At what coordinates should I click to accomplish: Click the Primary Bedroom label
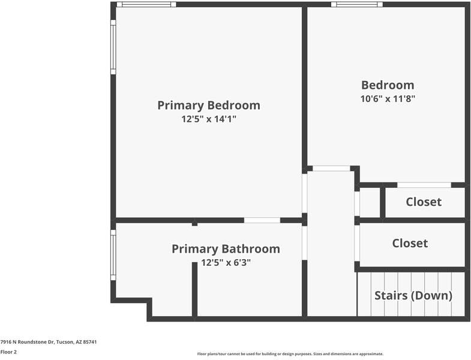click(208, 106)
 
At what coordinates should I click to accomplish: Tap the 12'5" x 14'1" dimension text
click(208, 119)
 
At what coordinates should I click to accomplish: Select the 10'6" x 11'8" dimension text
click(387, 98)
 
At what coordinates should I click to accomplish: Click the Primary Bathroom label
click(226, 248)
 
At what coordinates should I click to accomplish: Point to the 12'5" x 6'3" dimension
click(226, 262)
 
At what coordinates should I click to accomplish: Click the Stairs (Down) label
click(413, 295)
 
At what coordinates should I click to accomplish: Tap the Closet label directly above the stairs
click(410, 243)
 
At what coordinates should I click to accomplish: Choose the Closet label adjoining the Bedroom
click(424, 202)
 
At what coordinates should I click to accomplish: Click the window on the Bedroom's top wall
click(356, 4)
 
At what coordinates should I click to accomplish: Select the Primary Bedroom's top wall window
click(146, 4)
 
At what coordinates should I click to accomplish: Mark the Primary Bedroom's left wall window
click(113, 47)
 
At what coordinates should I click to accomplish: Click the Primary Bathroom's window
click(113, 255)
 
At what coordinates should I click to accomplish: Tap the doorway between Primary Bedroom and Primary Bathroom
click(262, 220)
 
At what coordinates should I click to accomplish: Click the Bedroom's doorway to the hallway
click(331, 169)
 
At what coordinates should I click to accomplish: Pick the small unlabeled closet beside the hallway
click(370, 203)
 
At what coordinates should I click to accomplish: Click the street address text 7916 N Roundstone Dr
click(49, 342)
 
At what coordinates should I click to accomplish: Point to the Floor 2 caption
click(8, 352)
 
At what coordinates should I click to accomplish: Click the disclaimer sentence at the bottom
click(290, 354)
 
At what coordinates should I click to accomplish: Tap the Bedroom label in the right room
click(387, 85)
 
